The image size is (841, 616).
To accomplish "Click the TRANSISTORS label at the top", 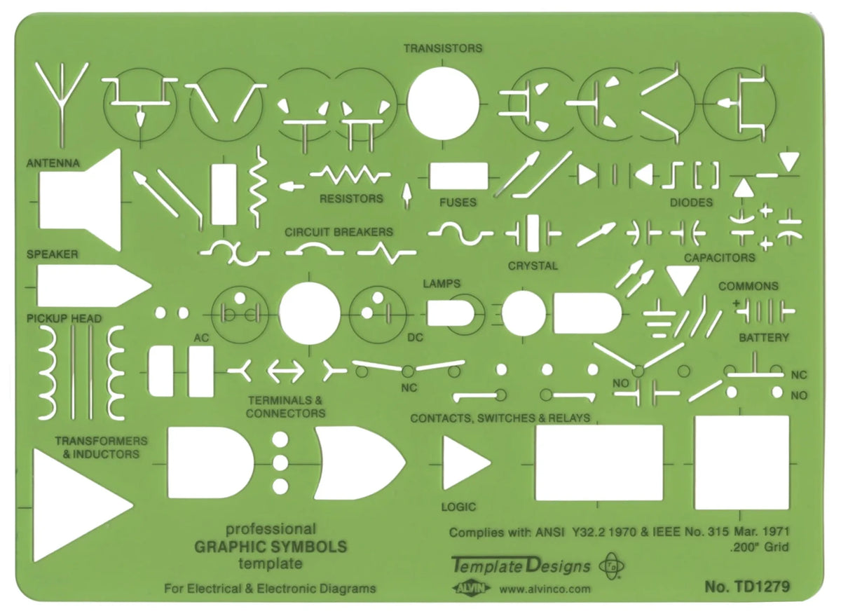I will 442,48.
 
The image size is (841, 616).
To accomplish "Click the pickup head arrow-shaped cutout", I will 91,286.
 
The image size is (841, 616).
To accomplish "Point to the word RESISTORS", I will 351,198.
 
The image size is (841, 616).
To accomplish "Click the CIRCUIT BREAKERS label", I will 339,231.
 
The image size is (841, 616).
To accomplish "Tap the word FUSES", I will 458,203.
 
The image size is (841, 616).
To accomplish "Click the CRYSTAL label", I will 533,266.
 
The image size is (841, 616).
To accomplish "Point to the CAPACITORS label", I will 720,258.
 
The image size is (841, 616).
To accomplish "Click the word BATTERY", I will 764,338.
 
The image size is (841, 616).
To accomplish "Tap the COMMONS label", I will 748,286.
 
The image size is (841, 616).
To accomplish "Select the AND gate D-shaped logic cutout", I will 210,463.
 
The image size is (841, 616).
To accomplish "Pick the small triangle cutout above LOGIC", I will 463,463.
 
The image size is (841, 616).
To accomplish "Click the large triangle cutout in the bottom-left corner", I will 74,505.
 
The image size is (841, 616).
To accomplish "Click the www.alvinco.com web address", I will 546,589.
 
